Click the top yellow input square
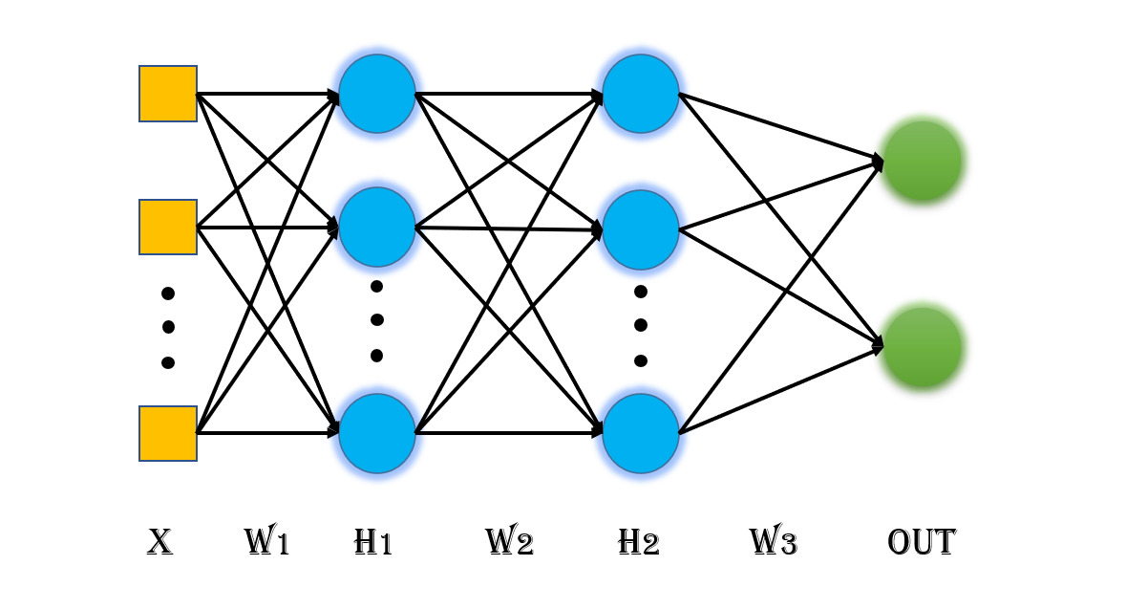(168, 94)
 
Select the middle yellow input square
(168, 228)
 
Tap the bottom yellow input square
(168, 433)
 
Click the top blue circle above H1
(377, 94)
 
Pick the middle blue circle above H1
(377, 228)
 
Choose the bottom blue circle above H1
(377, 433)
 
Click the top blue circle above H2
(641, 94)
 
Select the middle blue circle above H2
(641, 229)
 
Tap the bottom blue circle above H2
(641, 433)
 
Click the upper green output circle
(923, 161)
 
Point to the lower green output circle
(923, 347)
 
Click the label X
(159, 543)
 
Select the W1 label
(266, 543)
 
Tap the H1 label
(372, 543)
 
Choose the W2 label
(509, 543)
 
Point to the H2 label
(638, 543)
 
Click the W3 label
(773, 543)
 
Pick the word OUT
(921, 543)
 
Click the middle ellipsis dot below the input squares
(169, 327)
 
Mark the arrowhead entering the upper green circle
(878, 160)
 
